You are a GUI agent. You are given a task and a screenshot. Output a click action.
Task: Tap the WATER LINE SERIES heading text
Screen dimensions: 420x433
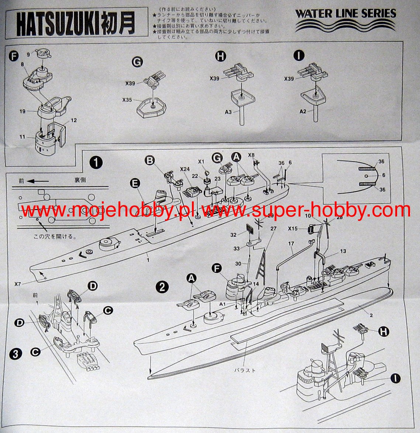345,14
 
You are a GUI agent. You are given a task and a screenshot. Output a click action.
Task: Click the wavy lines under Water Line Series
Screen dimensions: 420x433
345,27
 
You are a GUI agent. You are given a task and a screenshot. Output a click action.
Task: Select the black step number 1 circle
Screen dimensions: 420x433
96,163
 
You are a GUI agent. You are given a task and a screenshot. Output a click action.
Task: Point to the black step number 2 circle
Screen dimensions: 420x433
163,287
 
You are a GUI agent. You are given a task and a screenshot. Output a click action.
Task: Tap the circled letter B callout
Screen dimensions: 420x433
150,160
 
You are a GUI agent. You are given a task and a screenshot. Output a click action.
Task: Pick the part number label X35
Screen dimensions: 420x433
128,100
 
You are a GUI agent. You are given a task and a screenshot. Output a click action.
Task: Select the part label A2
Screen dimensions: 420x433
303,111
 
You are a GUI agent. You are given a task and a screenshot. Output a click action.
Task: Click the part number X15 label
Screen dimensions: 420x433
293,229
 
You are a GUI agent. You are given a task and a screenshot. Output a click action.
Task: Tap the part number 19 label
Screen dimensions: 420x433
23,111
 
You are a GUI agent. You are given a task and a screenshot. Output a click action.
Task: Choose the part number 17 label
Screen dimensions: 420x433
291,243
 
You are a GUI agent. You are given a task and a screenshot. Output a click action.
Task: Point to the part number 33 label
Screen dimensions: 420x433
236,248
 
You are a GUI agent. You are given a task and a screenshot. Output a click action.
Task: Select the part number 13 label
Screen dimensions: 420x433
343,251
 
